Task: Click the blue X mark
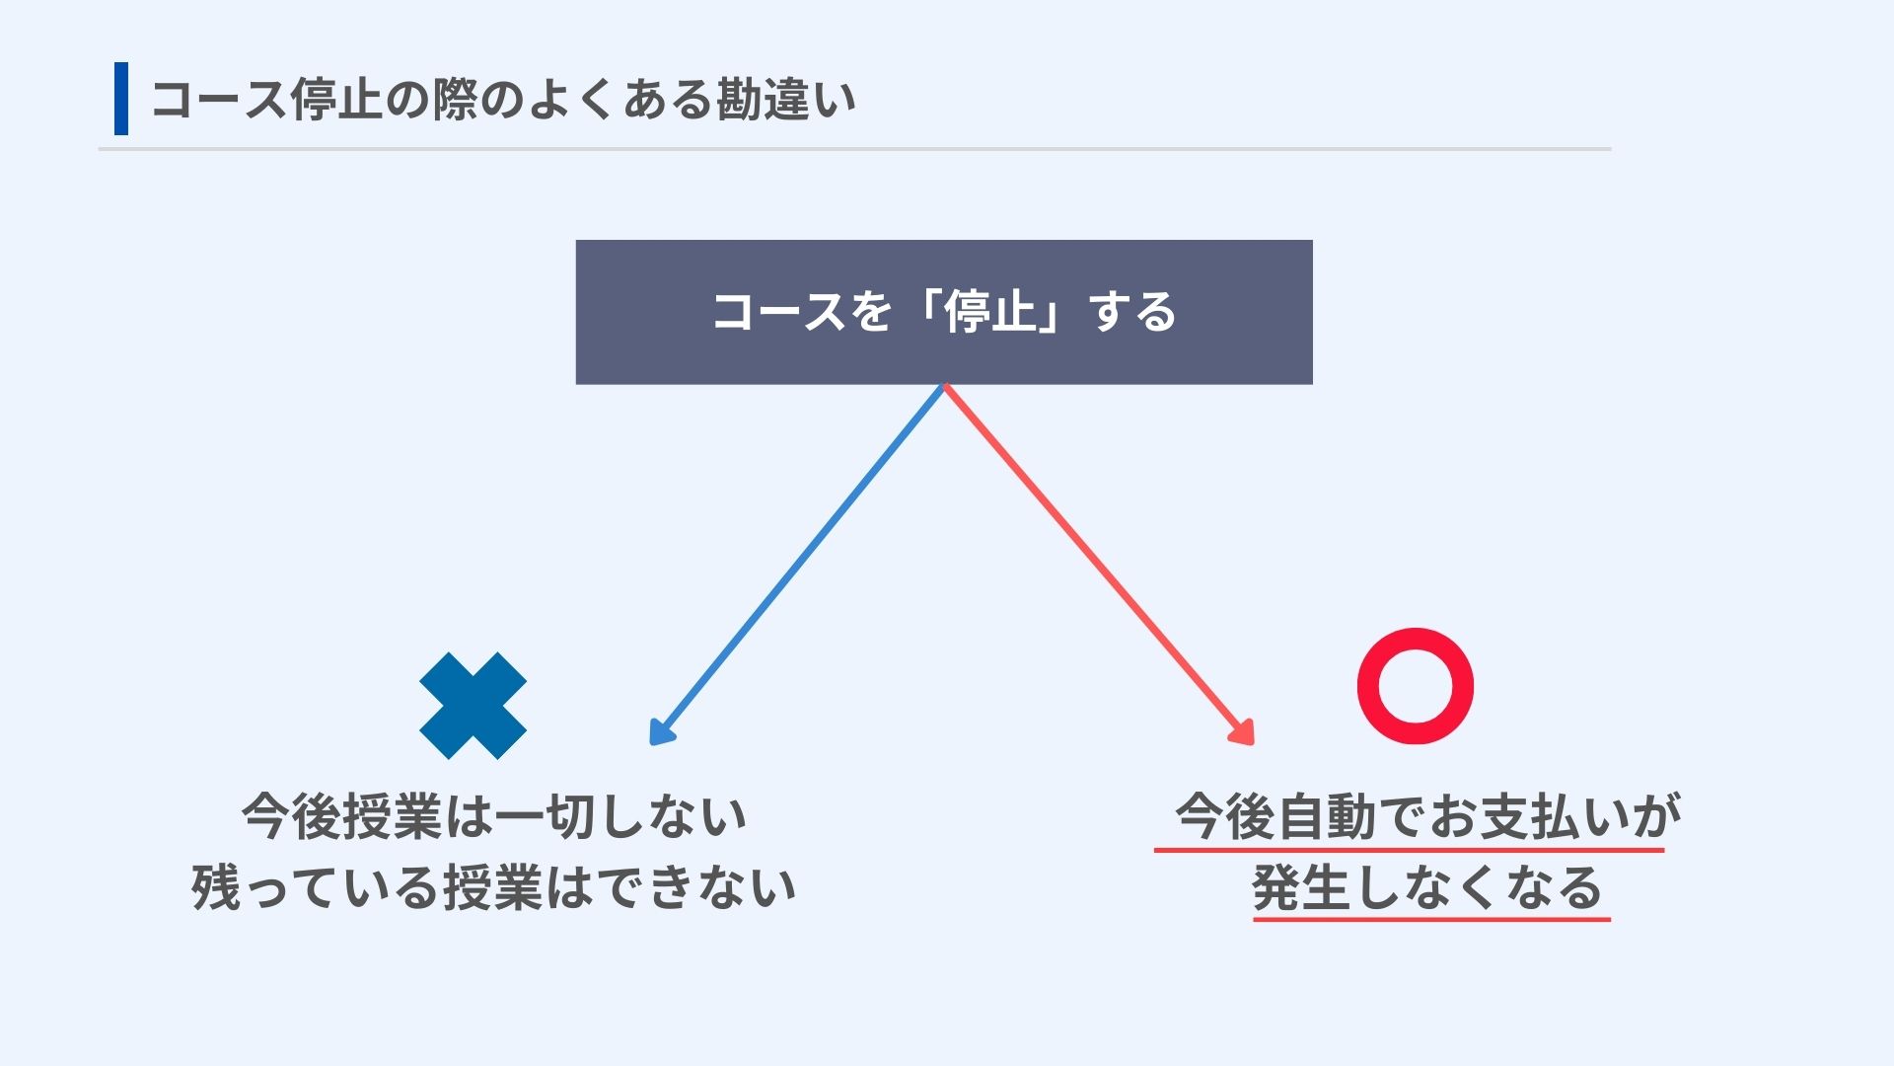473,706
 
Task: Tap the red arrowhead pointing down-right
1244,733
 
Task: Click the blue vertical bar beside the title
121,98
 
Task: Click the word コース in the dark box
778,312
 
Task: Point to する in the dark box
1133,312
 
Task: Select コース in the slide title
219,100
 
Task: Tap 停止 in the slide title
335,100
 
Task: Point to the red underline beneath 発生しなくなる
1431,919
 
